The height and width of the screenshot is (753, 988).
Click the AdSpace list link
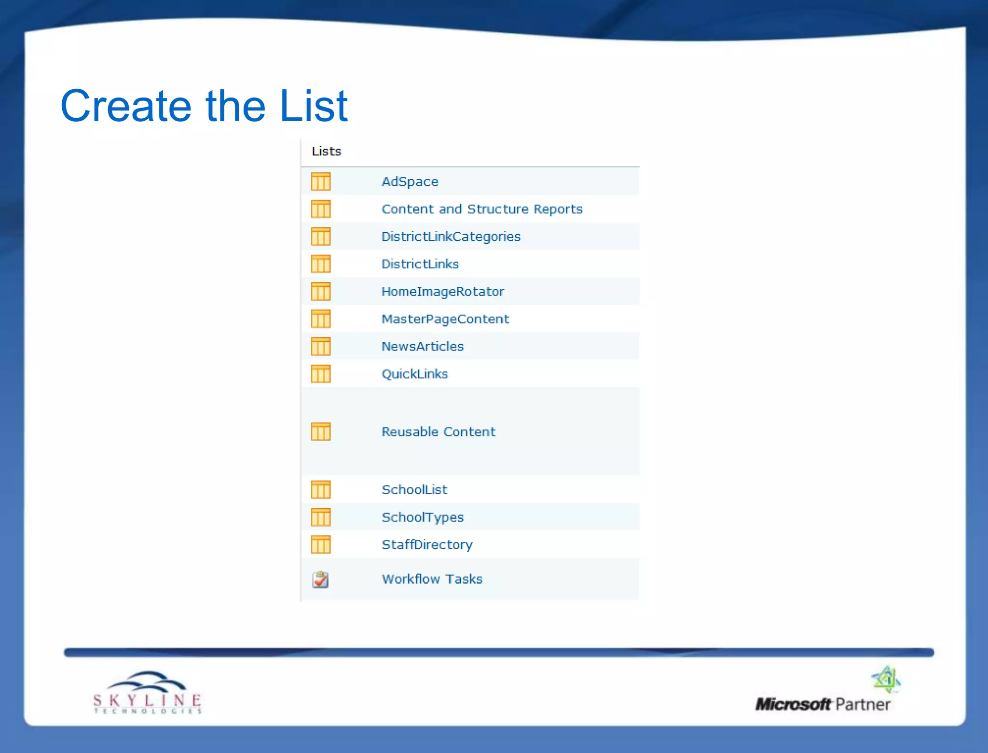(410, 181)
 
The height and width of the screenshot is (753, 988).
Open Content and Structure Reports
(481, 209)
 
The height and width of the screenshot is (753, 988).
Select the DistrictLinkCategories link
(451, 237)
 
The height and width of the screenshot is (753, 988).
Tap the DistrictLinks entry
(420, 264)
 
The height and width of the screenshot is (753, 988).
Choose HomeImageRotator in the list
(442, 292)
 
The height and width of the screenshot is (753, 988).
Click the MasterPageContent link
(445, 319)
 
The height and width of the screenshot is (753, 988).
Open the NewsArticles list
(422, 347)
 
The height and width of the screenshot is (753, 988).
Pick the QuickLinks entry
(414, 374)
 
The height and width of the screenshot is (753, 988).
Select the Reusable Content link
(438, 432)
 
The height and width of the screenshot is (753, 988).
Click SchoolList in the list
(414, 489)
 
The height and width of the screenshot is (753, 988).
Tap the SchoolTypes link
(422, 517)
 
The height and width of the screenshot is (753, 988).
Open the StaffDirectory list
(426, 544)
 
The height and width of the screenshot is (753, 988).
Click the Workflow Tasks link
(432, 579)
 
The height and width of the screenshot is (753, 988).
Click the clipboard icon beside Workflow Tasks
(320, 579)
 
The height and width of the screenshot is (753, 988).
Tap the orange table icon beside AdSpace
(321, 181)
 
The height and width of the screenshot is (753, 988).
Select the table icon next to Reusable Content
(321, 432)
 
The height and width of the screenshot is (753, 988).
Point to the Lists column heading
(326, 152)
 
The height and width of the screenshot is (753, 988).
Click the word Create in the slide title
(126, 106)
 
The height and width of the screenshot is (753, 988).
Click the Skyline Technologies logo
(148, 693)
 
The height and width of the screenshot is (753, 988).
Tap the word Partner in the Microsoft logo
(863, 704)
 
